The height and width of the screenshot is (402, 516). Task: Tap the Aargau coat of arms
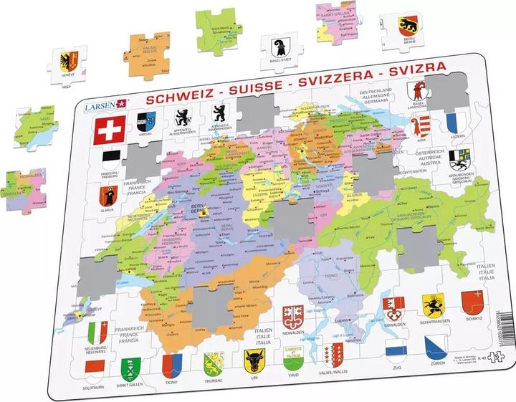(145, 119)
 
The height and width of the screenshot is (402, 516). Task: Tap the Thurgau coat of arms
(211, 362)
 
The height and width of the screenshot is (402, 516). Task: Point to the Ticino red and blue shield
(170, 365)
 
